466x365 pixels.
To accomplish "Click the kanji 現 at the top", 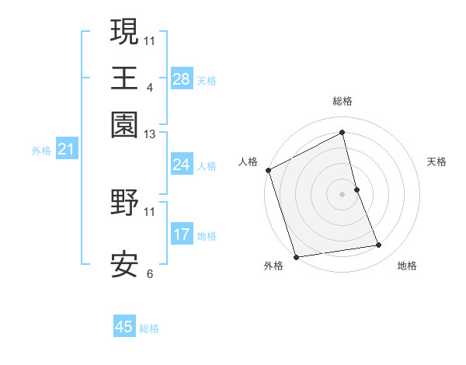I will click(x=124, y=32).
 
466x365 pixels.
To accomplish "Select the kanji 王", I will click(x=124, y=78).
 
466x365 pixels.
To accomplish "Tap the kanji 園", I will click(x=124, y=124).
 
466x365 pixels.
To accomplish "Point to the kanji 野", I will click(x=124, y=203).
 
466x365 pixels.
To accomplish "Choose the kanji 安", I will click(x=124, y=265).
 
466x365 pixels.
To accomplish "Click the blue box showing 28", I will click(x=181, y=79).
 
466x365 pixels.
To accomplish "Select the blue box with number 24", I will click(x=181, y=165).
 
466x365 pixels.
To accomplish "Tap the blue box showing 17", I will click(x=181, y=235).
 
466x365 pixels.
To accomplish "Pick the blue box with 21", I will click(x=65, y=150).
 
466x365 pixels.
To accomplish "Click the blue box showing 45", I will click(x=124, y=327).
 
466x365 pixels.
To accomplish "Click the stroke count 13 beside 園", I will click(x=150, y=134).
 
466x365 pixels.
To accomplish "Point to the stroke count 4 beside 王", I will click(x=150, y=87).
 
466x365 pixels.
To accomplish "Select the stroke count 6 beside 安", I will click(x=150, y=273).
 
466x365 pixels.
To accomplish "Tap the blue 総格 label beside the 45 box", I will click(x=149, y=328).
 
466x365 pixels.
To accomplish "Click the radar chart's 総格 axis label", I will click(x=343, y=101).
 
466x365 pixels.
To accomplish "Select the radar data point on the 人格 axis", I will click(x=269, y=170).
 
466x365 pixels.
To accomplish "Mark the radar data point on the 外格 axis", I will click(x=296, y=256).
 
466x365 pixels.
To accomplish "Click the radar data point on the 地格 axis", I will click(x=379, y=245).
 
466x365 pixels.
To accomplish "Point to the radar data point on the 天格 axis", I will click(x=356, y=189).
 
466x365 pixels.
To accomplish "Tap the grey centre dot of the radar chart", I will click(x=343, y=194).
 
